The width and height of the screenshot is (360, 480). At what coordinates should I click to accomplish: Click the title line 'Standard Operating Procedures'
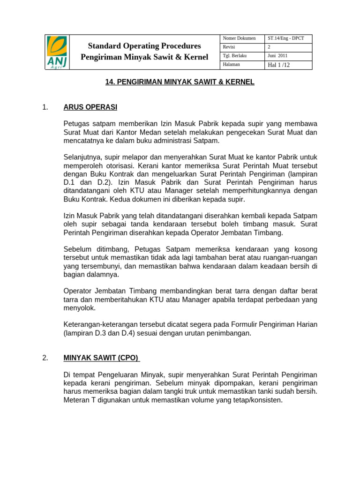tap(144, 46)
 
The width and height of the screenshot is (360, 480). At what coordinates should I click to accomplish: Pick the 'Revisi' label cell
tap(229, 47)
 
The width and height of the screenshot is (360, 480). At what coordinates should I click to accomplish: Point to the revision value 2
tap(269, 47)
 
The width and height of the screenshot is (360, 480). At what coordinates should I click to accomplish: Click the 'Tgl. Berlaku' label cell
tap(235, 55)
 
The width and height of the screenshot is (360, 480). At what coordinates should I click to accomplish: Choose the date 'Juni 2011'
tap(277, 55)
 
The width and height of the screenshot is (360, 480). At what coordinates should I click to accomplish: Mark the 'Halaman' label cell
tap(232, 64)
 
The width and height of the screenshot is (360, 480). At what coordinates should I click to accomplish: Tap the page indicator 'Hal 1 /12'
tap(278, 65)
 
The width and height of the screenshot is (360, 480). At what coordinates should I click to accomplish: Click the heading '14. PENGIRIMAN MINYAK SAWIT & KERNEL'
tap(180, 82)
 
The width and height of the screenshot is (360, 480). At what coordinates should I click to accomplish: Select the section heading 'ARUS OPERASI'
tap(90, 107)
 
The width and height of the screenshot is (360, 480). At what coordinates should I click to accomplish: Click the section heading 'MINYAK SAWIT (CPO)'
tap(101, 358)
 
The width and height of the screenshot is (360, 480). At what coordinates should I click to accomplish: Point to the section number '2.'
tap(45, 358)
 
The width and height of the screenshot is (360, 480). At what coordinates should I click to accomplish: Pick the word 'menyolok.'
tap(79, 308)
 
